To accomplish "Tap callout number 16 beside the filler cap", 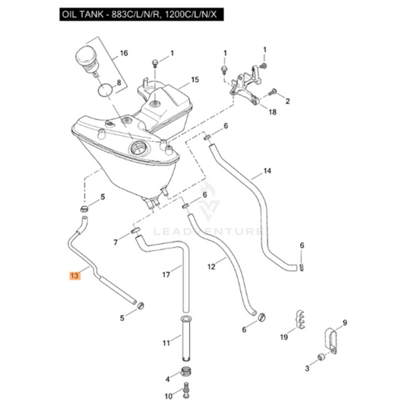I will [124, 55].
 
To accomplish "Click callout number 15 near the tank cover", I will [195, 80].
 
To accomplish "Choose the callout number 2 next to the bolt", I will [289, 100].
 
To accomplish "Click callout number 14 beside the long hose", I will [267, 171].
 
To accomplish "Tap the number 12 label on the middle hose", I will [212, 266].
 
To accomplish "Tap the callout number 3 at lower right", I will [307, 369].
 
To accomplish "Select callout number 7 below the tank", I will [116, 242].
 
